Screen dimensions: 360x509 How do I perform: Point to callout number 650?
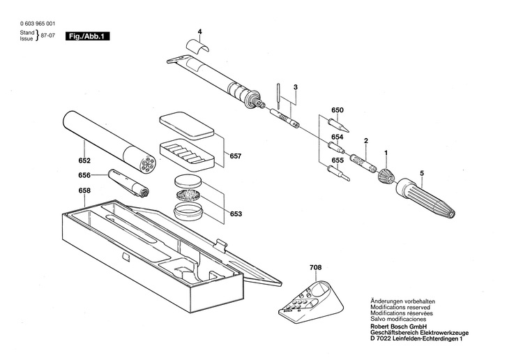pyautogui.click(x=337, y=110)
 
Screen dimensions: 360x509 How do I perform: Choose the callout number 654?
pyautogui.click(x=337, y=137)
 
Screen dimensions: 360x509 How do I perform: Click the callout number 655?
pyautogui.click(x=337, y=160)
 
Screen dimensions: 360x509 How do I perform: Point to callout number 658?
pyautogui.click(x=84, y=190)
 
